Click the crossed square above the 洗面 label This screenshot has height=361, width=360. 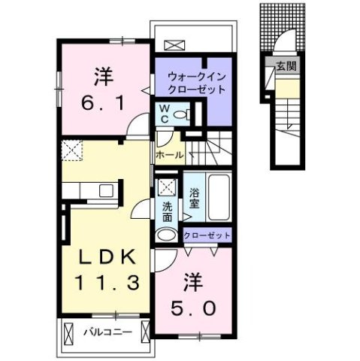(167, 189)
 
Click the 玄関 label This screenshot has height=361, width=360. (285, 66)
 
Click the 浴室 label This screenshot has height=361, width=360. (194, 197)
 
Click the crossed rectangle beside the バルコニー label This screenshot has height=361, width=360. (69, 331)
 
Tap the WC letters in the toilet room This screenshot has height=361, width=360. (162, 112)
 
